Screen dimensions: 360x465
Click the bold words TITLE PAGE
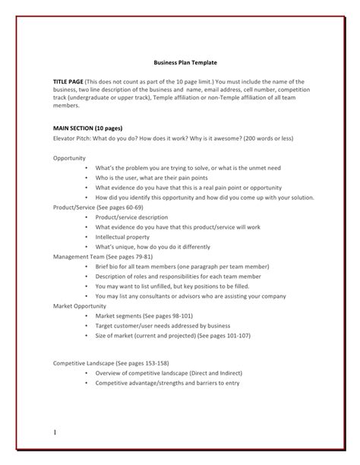pyautogui.click(x=68, y=81)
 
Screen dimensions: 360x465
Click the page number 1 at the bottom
pyautogui.click(x=55, y=432)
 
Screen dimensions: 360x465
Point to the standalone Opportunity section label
pyautogui.click(x=70, y=158)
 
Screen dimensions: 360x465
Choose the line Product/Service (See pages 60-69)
pyautogui.click(x=98, y=207)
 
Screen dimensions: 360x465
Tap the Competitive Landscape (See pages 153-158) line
pyautogui.click(x=111, y=363)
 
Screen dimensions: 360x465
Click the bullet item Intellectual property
pyautogui.click(x=128, y=236)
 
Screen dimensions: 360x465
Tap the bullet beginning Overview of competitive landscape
pyautogui.click(x=179, y=373)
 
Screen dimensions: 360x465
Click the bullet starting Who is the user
pyautogui.click(x=159, y=178)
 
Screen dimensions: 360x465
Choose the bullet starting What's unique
pyautogui.click(x=163, y=246)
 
